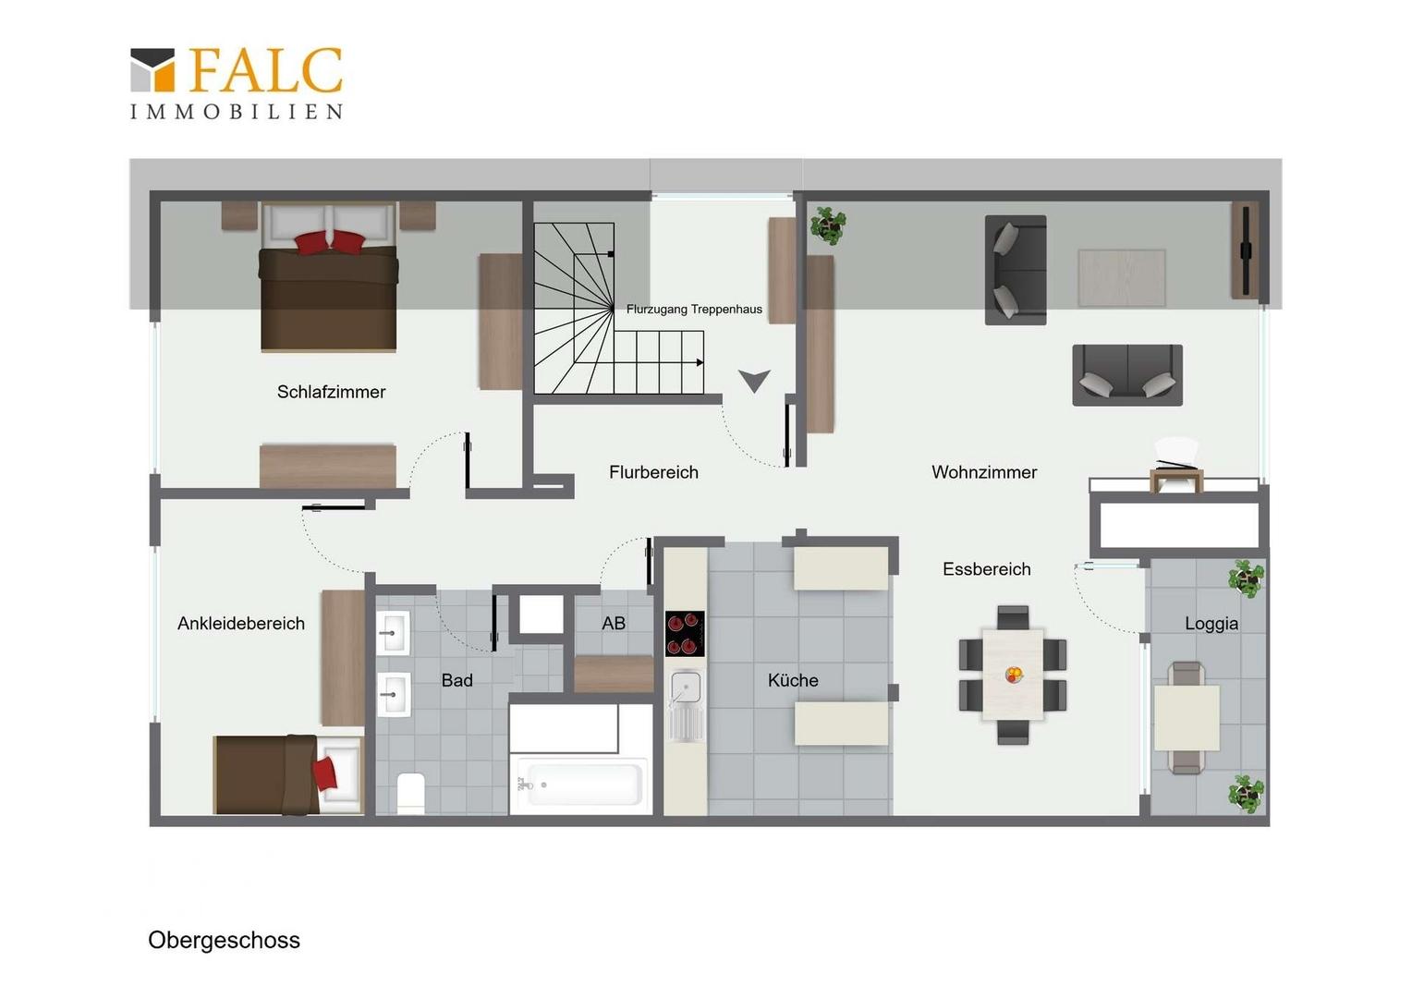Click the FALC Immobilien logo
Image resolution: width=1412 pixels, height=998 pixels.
(x=237, y=83)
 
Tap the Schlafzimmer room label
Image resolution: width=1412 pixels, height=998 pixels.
(x=331, y=392)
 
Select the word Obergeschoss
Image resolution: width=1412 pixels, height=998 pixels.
(x=224, y=940)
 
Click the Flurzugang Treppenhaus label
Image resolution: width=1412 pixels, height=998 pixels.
(x=694, y=309)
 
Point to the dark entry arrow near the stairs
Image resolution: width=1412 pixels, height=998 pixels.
(x=754, y=381)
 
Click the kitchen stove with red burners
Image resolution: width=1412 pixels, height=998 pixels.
(x=685, y=634)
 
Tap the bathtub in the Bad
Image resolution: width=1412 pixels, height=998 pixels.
(x=581, y=785)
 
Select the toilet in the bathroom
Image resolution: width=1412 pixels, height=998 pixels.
(x=411, y=793)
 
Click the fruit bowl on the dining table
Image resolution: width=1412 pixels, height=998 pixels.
(x=1014, y=675)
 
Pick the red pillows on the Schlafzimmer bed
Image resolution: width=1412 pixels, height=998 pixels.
(x=329, y=243)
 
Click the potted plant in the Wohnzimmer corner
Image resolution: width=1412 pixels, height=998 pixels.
(x=828, y=225)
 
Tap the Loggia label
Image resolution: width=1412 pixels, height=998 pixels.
(x=1211, y=624)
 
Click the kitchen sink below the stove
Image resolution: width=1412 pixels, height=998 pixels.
(x=686, y=705)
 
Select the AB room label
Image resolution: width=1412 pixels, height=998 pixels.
(x=614, y=624)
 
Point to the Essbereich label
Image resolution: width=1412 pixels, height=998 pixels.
(x=987, y=569)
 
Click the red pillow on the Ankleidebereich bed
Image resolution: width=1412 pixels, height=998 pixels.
(x=325, y=773)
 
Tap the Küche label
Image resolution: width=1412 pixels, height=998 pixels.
(x=793, y=680)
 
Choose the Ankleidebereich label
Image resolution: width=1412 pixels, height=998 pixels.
(x=241, y=624)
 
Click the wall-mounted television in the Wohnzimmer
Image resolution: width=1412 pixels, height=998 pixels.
(x=1246, y=250)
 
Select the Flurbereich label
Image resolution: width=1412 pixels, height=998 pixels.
(x=653, y=472)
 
